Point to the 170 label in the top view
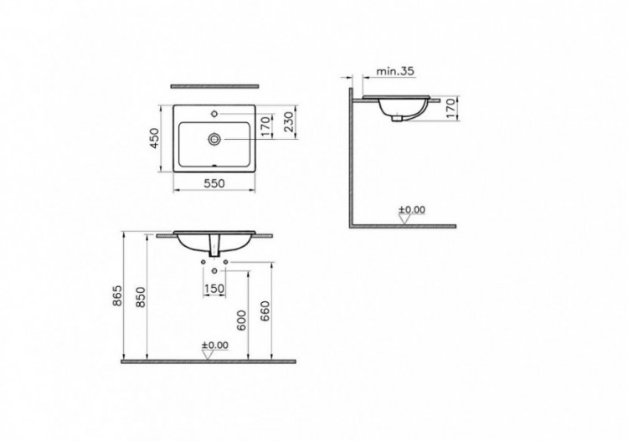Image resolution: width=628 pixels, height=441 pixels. tap(265, 126)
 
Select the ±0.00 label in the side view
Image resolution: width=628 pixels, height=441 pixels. tap(411, 209)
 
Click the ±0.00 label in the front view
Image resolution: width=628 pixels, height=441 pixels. tap(214, 345)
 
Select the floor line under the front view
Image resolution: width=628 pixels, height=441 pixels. tap(208, 362)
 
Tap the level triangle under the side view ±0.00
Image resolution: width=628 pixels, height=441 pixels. tap(405, 219)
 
